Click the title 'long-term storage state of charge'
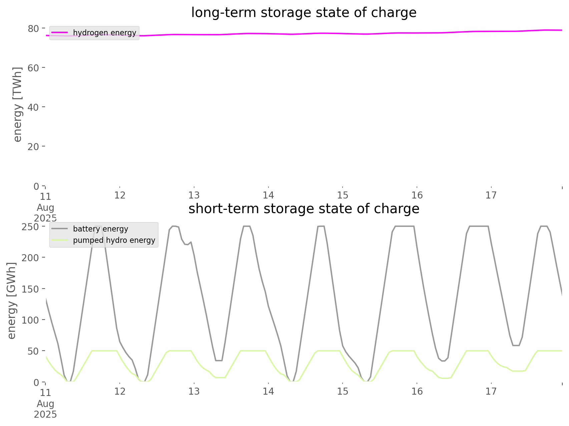click(x=304, y=13)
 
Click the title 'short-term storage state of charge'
click(x=304, y=209)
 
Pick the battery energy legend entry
click(x=100, y=229)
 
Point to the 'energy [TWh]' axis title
click(x=17, y=104)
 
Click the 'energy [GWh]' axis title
click(x=11, y=301)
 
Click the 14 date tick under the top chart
click(x=268, y=195)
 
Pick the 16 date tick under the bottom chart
click(x=417, y=392)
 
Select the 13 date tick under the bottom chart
click(x=194, y=392)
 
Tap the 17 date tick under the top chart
click(x=491, y=195)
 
